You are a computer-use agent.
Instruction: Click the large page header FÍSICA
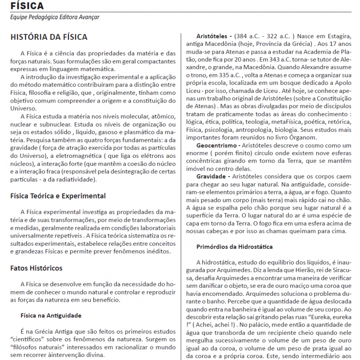coord(27,6)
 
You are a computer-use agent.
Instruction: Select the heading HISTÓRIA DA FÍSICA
coord(49,37)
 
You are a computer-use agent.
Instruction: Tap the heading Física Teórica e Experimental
coord(58,196)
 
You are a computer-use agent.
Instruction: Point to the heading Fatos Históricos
coord(36,268)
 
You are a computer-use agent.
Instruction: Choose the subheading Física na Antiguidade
coord(51,315)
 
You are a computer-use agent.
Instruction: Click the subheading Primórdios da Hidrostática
coord(234,247)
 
